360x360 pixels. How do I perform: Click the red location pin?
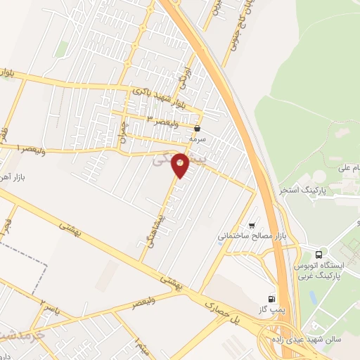coord(181,165)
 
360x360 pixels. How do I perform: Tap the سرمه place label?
coord(196,139)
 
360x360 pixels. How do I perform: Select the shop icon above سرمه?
coord(197,129)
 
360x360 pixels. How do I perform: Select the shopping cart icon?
coord(252,225)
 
